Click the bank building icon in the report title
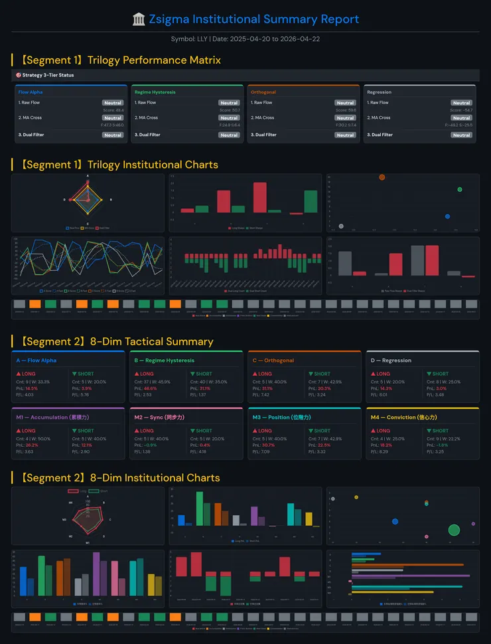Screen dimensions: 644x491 pos(139,19)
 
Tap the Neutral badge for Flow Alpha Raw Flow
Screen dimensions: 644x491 pos(113,103)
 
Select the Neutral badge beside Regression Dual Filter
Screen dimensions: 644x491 pos(461,135)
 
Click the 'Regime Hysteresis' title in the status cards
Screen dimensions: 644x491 pos(155,92)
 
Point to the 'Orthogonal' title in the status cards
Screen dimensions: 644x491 pos(263,92)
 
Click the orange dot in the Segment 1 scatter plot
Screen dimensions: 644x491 pos(382,177)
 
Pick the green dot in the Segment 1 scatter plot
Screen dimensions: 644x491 pos(459,190)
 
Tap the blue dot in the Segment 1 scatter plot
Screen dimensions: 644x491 pos(447,216)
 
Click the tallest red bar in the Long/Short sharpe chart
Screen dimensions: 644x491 pos(259,197)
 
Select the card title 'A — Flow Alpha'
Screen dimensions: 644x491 pos(36,361)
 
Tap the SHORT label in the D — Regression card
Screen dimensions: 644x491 pos(439,374)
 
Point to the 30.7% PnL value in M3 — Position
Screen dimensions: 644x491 pos(268,445)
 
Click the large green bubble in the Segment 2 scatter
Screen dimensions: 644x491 pos(454,530)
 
